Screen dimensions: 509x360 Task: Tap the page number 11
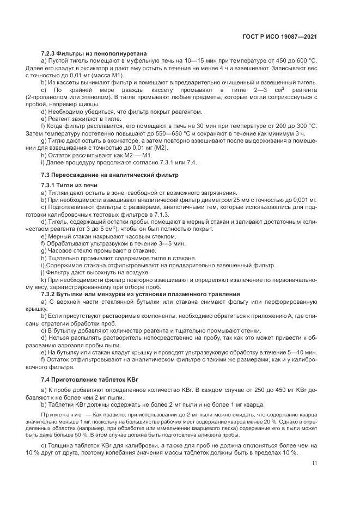click(x=314, y=463)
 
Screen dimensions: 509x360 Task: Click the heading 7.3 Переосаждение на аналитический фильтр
click(x=110, y=175)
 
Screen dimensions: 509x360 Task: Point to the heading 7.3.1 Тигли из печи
click(x=69, y=186)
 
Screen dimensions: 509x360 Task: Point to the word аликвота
click(x=199, y=436)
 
